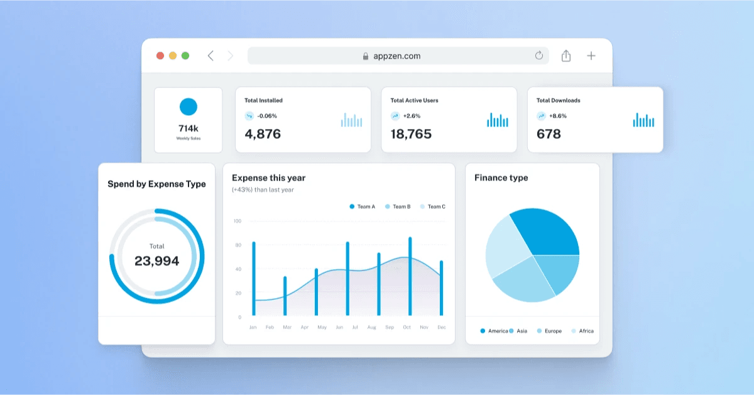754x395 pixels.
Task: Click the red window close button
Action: coord(160,55)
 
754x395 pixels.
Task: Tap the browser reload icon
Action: coord(539,55)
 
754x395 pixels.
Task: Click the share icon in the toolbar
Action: coord(566,55)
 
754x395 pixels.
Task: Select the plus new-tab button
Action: coord(591,55)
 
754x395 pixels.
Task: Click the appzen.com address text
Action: coord(396,56)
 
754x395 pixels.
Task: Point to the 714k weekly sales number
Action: coord(188,128)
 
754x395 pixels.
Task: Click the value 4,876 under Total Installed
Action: coord(263,134)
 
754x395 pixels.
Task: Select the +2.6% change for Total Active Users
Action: coord(412,116)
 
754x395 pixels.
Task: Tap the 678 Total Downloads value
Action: coord(549,134)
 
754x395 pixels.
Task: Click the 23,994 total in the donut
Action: coord(156,260)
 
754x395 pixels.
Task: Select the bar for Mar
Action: coord(285,296)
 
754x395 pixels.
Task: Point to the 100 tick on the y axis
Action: coord(237,221)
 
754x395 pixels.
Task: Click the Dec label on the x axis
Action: coord(441,328)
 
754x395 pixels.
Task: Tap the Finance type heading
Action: coord(501,178)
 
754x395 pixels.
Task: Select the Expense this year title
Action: coord(268,178)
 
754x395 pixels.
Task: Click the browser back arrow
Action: coord(210,55)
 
